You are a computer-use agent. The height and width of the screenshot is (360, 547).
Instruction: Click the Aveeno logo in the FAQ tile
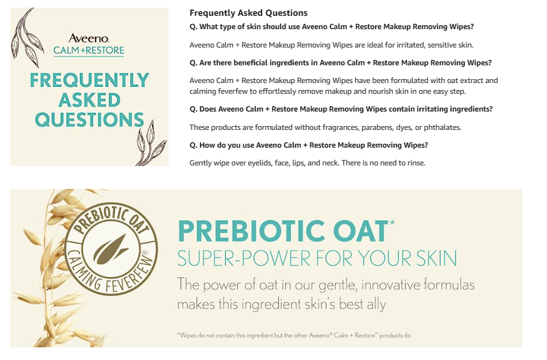(89, 38)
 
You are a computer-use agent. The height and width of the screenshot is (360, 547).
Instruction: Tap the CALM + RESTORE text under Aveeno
(89, 51)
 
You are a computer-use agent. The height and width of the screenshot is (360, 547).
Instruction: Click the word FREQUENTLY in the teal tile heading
(89, 80)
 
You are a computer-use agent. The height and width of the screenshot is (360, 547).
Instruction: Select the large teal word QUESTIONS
(89, 120)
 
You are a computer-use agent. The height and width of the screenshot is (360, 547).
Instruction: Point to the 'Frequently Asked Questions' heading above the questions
(248, 13)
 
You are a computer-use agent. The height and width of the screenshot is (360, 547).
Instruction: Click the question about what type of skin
(331, 27)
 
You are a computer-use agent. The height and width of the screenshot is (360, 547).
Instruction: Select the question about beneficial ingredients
(340, 63)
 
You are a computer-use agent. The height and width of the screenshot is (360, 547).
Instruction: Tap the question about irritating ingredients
(341, 109)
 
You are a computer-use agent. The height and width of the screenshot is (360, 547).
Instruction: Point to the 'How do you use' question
(309, 145)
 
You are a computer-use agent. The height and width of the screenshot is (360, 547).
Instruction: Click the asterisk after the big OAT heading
(392, 222)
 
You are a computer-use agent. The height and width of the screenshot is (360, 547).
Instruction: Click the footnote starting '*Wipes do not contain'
(293, 335)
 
